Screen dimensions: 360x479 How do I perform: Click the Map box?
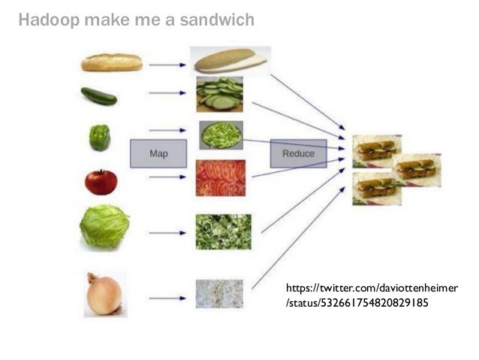click(x=158, y=153)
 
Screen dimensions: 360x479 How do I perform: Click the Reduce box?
click(x=298, y=153)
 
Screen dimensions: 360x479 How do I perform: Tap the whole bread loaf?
click(x=112, y=62)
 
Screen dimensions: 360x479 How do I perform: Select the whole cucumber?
click(x=99, y=96)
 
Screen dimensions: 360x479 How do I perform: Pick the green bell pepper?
click(x=100, y=138)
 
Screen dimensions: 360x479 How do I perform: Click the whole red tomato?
click(x=101, y=182)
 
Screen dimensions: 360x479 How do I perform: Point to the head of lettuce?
click(x=104, y=226)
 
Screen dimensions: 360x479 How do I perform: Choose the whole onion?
click(x=104, y=295)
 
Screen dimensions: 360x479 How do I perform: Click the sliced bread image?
click(x=229, y=60)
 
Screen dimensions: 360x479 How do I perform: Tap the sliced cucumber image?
click(x=219, y=95)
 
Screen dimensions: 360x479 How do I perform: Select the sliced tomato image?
click(x=220, y=178)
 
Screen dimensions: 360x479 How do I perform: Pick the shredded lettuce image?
click(x=223, y=231)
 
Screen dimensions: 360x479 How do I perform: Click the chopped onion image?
click(x=219, y=294)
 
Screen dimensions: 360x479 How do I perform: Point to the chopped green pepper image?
click(x=221, y=135)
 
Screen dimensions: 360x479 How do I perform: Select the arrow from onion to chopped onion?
click(x=167, y=298)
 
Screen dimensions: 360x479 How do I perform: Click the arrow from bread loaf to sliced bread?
click(x=167, y=65)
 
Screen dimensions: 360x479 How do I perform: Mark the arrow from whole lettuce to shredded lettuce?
click(x=167, y=233)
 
